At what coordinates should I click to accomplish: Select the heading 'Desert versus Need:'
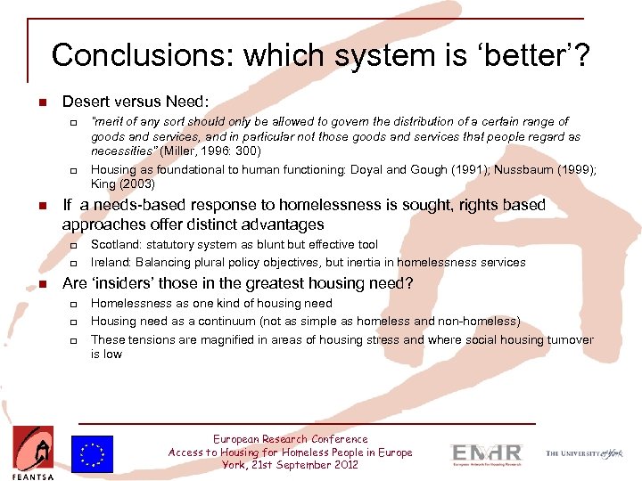coord(135,102)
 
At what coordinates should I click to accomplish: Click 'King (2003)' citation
coord(123,184)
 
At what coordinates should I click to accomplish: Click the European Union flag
coord(95,453)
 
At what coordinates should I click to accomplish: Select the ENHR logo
coord(486,452)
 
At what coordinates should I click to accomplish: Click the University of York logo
coord(585,453)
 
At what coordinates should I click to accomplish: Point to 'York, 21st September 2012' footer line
coord(290,465)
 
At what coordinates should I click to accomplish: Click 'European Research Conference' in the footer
coord(290,439)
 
